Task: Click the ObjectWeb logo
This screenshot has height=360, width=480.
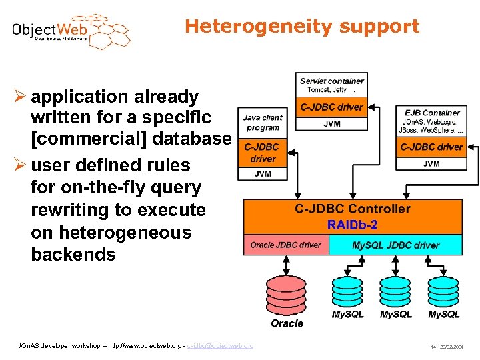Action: (70, 31)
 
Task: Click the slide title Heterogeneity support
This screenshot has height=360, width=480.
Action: (302, 26)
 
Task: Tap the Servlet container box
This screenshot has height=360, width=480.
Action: (332, 85)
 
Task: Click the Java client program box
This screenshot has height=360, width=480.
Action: (263, 122)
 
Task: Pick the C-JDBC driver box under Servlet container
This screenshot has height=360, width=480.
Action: (332, 107)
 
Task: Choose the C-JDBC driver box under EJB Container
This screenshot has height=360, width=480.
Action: (431, 147)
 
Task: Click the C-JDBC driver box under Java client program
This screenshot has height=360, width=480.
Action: (263, 153)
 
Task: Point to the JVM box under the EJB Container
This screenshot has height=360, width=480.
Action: (431, 163)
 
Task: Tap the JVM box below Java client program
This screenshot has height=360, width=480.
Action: (263, 173)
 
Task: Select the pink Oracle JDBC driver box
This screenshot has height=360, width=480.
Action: (285, 245)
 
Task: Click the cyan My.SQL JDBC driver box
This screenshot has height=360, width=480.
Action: (395, 245)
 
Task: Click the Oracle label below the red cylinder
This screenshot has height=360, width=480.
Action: (287, 323)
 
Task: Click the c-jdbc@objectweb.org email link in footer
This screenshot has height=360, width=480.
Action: (221, 345)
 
